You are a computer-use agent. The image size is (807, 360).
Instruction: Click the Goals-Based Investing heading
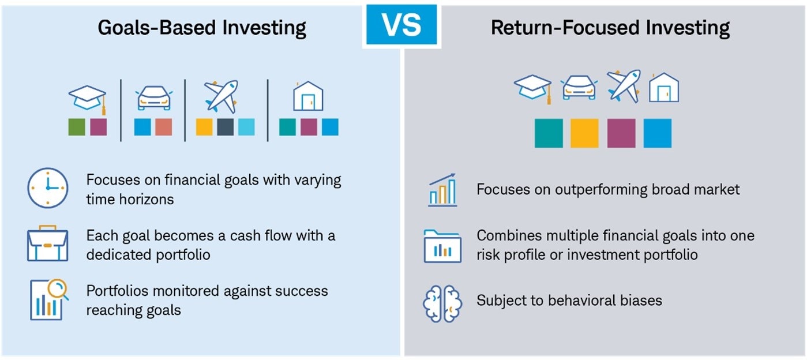[x=202, y=28]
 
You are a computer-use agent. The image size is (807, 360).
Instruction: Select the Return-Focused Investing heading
[x=610, y=28]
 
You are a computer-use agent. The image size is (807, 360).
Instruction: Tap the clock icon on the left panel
[x=47, y=188]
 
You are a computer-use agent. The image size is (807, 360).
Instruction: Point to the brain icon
[x=442, y=302]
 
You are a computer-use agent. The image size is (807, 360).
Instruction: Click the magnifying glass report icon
[x=49, y=299]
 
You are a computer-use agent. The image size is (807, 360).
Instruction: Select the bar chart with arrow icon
[x=442, y=190]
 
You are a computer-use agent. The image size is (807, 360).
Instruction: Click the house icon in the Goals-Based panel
[x=308, y=96]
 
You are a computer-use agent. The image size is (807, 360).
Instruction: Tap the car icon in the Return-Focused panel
[x=579, y=88]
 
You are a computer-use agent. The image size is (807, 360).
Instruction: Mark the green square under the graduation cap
[x=77, y=127]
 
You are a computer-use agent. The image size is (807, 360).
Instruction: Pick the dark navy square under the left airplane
[x=226, y=127]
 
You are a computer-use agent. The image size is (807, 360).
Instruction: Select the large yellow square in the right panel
[x=584, y=133]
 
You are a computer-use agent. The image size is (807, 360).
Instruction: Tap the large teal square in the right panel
[x=549, y=133]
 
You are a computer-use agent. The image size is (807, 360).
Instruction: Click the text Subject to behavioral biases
[x=569, y=301]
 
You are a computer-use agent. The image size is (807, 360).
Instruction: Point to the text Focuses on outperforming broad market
[x=608, y=189]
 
